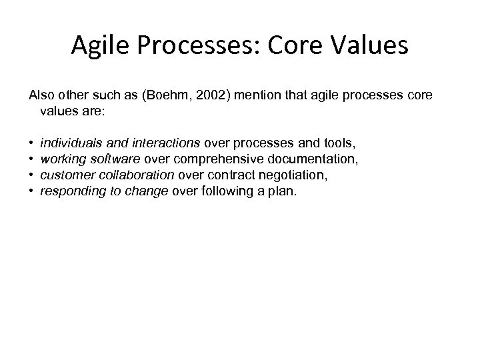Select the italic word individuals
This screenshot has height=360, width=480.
click(x=65, y=143)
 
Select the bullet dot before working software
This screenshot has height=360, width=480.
click(x=31, y=159)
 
